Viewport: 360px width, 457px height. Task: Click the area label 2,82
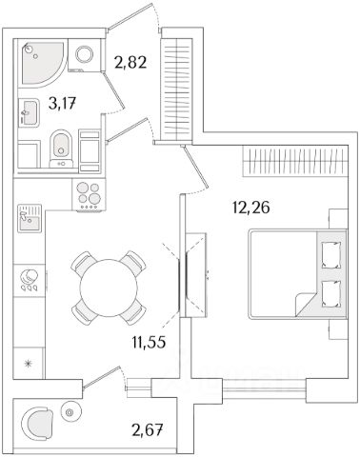coord(130,63)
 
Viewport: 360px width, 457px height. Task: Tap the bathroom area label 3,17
coord(63,103)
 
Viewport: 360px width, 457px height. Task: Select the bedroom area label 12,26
coord(251,208)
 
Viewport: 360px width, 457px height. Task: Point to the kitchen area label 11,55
coord(149,342)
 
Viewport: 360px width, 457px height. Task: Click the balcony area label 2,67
coord(148,430)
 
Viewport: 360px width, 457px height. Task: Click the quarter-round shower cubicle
coord(42,62)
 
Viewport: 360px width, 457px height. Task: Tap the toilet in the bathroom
coord(62,149)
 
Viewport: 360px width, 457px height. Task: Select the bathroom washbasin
coord(30,112)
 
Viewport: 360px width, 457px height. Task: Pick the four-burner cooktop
coord(89,195)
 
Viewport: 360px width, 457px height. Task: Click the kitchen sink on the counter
coord(30,218)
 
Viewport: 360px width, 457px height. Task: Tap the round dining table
coord(109,288)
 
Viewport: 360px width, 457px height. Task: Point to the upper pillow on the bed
coord(331,255)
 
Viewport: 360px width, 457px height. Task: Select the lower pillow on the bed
coord(331,294)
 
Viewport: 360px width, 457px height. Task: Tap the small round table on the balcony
coord(70,412)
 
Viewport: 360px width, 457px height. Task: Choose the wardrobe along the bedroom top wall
coord(295,161)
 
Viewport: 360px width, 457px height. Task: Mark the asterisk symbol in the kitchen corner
coord(29,363)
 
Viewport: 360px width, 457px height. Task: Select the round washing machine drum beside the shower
coord(84,54)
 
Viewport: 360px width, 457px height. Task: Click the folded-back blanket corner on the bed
coord(304,304)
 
